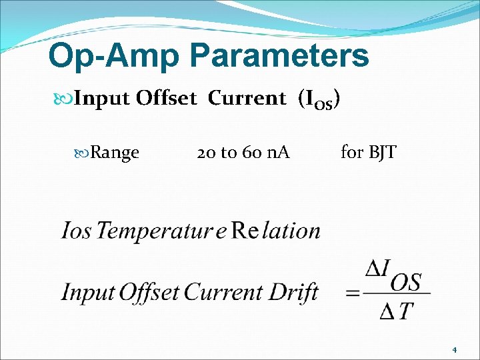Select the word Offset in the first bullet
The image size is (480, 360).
point(166,99)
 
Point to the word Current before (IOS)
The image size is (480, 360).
point(247,99)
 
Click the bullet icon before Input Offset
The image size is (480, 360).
point(64,99)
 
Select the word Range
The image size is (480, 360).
point(115,153)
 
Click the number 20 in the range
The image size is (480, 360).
point(206,153)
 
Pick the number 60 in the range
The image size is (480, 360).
point(251,153)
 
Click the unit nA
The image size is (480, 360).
point(278,153)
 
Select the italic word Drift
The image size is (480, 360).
point(293,293)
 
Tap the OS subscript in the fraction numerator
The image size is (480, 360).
point(405,283)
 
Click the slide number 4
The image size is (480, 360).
point(454,349)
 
